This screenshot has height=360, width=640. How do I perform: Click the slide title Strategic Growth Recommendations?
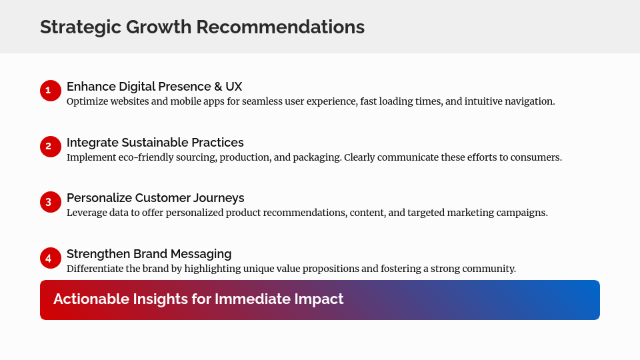(x=202, y=27)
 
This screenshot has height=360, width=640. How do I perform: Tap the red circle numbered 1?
(x=51, y=91)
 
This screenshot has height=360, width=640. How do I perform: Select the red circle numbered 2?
(x=51, y=147)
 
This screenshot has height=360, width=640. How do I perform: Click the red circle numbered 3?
(x=51, y=202)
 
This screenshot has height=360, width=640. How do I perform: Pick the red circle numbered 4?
(x=51, y=258)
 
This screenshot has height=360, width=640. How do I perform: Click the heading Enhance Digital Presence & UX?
(x=154, y=87)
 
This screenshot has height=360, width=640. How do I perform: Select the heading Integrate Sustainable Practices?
(x=155, y=143)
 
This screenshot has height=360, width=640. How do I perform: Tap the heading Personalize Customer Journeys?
(x=155, y=198)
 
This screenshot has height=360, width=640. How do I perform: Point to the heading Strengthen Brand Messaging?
(x=149, y=254)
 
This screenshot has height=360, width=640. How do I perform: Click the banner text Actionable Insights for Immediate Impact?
(x=198, y=299)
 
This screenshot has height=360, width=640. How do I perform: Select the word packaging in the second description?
(x=315, y=158)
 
